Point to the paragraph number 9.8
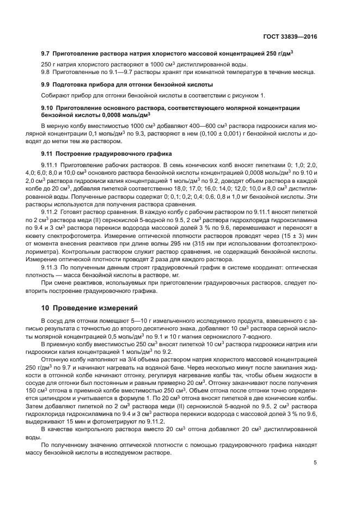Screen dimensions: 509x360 coord(46,72)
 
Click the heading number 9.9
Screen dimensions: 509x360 coord(46,84)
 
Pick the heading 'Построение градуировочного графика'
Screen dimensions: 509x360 coord(109,154)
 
